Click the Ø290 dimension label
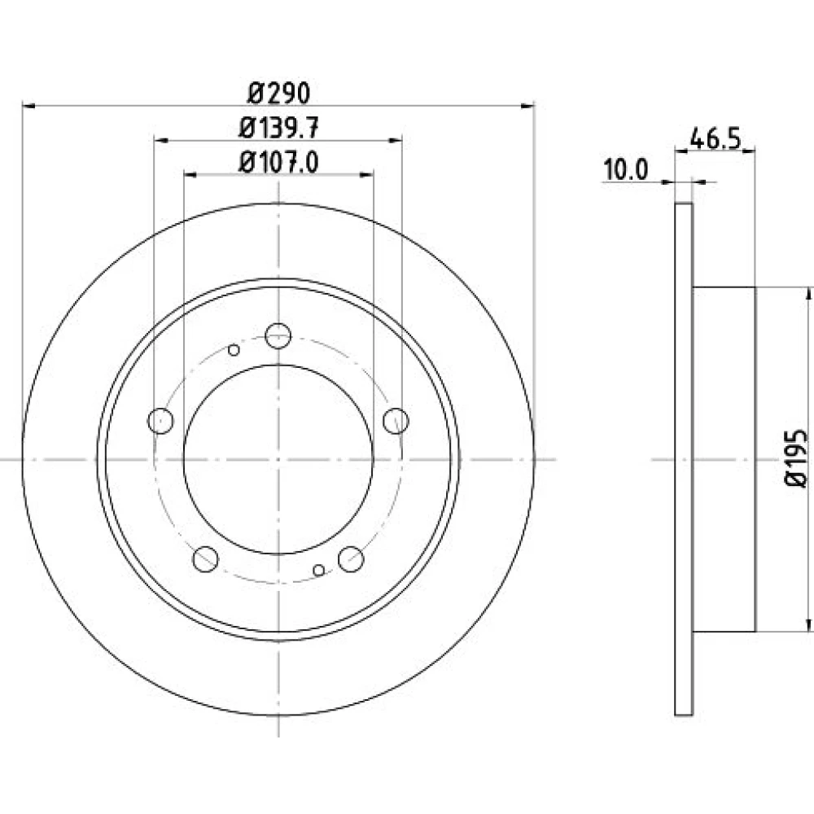278,94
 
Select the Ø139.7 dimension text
278,129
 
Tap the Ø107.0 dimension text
278,163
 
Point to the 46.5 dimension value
715,139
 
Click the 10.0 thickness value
625,170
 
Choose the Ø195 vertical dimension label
796,457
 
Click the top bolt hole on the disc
278,336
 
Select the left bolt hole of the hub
160,421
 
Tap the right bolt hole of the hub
396,421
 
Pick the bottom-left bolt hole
206,559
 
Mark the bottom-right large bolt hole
351,559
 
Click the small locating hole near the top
234,350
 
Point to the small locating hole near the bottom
319,571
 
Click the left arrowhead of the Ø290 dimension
28,107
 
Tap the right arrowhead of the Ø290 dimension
528,107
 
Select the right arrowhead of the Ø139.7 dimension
396,140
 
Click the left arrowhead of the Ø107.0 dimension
190,174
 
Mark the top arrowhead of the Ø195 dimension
807,294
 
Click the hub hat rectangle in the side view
724,459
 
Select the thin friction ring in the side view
684,459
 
